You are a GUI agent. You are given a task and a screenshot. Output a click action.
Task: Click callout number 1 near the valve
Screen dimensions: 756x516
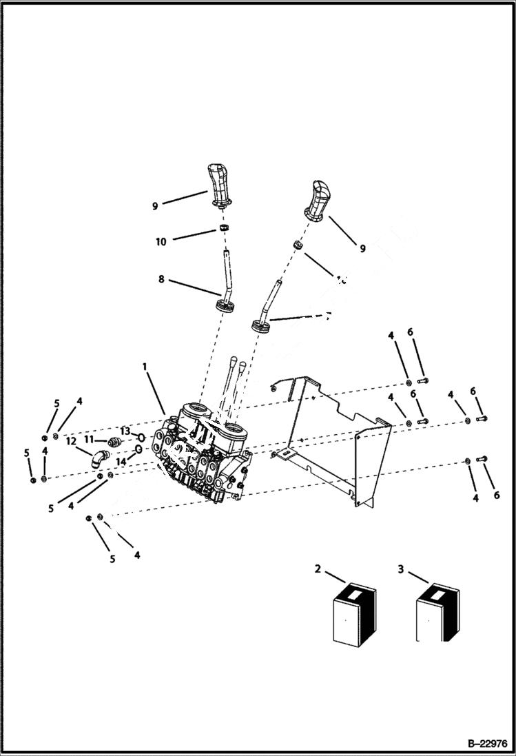(x=145, y=367)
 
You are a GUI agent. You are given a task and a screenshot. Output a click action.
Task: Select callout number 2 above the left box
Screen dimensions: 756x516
(x=318, y=569)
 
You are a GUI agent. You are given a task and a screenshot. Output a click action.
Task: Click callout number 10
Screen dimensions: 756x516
(x=161, y=241)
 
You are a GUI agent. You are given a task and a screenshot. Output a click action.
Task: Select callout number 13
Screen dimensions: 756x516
(x=125, y=430)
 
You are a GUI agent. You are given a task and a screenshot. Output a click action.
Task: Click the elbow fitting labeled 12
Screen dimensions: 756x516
(x=101, y=457)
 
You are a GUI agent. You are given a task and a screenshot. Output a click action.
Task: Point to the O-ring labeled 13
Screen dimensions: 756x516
(x=141, y=436)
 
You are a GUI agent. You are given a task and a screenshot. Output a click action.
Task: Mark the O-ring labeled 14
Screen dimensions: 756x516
(x=138, y=450)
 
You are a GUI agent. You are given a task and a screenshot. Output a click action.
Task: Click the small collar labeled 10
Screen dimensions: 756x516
(x=225, y=228)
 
